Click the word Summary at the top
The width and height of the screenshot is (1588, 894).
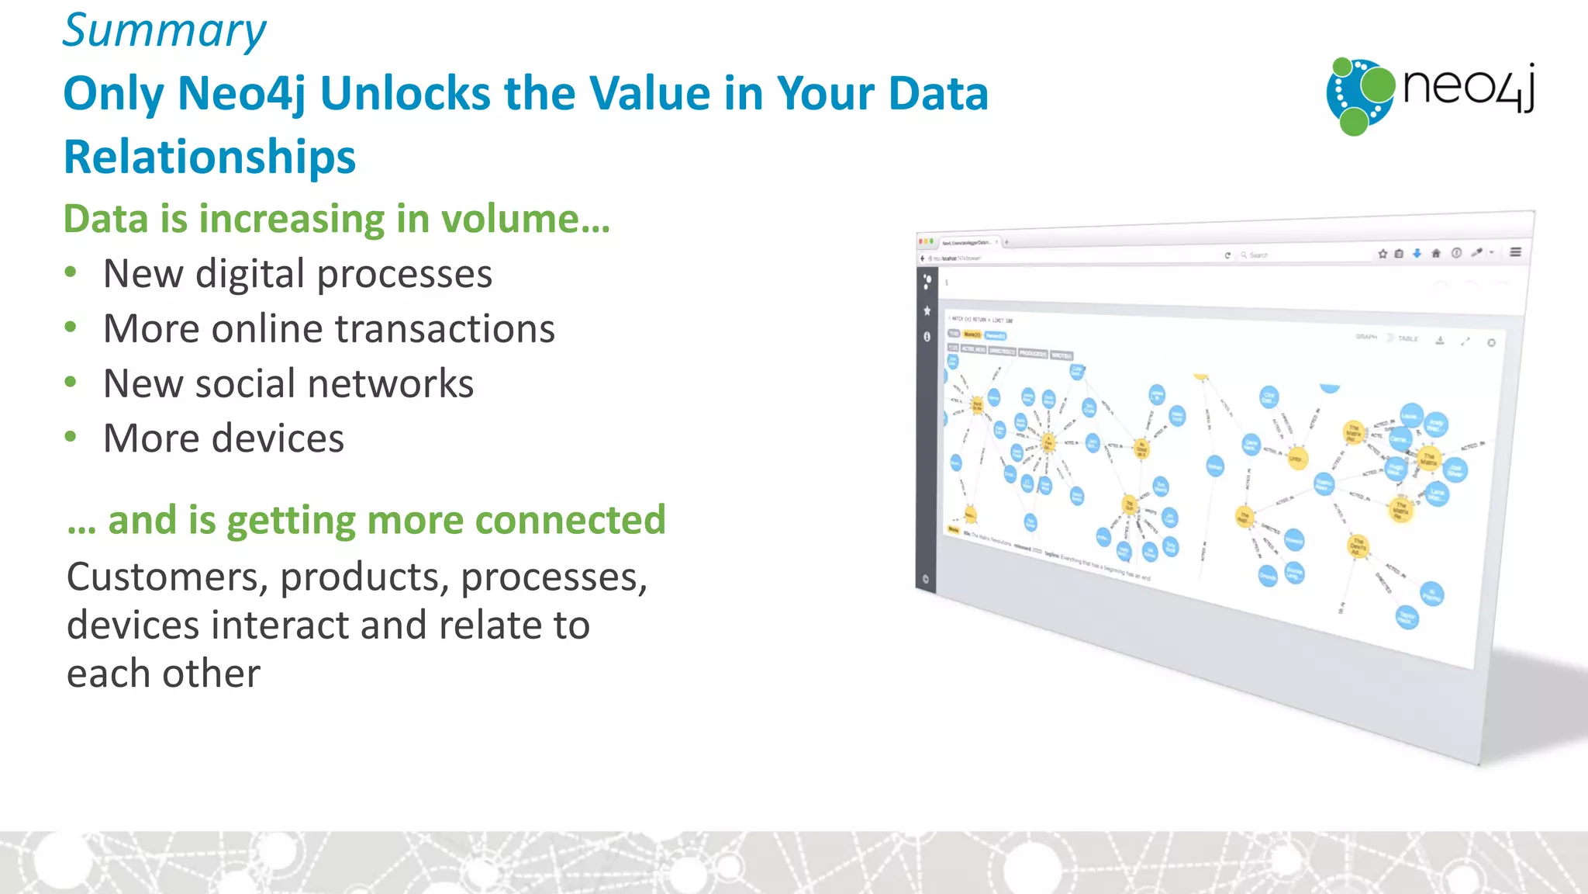pos(164,31)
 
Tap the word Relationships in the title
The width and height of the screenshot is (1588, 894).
pos(209,157)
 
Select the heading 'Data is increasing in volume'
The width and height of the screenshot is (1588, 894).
pos(337,219)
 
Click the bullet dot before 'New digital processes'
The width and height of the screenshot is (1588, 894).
pos(71,272)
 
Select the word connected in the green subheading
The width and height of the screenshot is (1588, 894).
pos(570,520)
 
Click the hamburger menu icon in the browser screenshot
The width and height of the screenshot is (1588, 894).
pos(1515,251)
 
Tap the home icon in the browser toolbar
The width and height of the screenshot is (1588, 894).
pos(1435,253)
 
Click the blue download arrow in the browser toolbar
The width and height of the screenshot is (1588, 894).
pos(1417,253)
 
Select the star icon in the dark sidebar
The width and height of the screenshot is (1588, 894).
pos(927,310)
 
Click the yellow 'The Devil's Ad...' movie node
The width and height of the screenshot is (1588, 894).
pos(1358,546)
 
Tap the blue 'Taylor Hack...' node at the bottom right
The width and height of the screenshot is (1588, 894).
pos(1407,618)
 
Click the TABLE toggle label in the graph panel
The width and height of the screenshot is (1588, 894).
pos(1408,338)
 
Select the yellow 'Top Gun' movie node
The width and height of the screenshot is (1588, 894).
pos(1130,504)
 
